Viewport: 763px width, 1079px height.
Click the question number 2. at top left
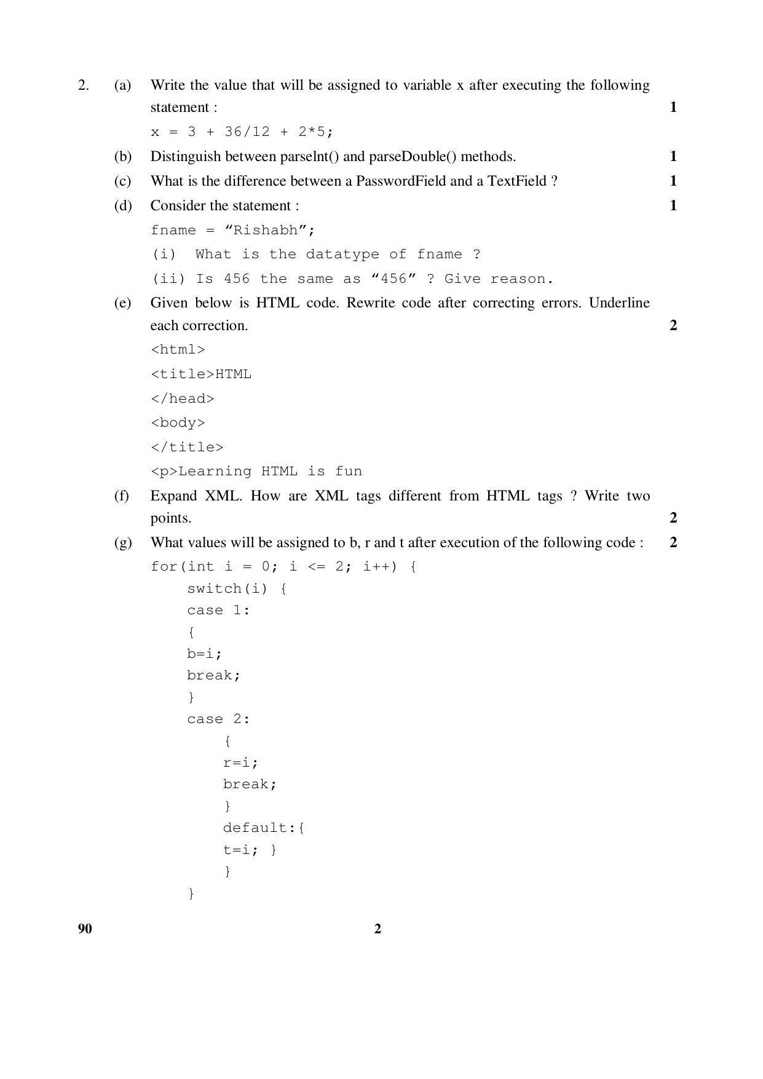[83, 85]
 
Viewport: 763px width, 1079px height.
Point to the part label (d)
[123, 206]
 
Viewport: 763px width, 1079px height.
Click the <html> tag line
[178, 350]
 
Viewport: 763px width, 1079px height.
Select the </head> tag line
[183, 399]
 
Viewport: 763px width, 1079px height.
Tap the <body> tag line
[178, 423]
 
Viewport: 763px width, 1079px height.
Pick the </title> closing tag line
[187, 448]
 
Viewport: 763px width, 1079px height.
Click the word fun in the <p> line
[349, 472]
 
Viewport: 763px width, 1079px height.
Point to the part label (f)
[122, 496]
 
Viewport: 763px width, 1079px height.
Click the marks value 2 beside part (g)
[673, 542]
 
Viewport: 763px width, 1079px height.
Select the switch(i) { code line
[237, 589]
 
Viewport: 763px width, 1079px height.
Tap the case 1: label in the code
[218, 611]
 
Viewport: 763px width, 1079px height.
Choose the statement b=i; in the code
[204, 654]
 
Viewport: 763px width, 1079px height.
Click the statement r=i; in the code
[240, 763]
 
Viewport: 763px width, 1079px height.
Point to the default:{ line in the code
[264, 828]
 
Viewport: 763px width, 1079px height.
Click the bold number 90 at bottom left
[85, 929]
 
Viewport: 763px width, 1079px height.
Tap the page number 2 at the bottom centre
[378, 929]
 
